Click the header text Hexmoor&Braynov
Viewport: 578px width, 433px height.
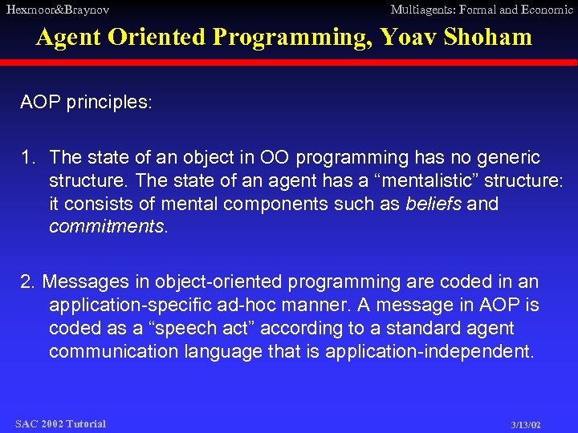point(58,10)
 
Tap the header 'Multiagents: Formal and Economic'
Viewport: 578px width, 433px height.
point(481,10)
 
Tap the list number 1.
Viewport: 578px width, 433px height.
point(27,158)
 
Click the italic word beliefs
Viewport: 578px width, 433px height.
point(433,204)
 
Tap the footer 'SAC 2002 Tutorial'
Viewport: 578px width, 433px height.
point(60,423)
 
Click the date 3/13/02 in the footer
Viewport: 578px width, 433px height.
point(526,424)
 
